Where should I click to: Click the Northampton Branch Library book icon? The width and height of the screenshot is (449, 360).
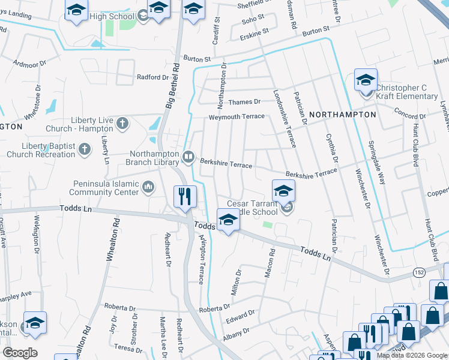click(188, 157)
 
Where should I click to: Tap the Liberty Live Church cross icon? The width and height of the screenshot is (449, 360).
click(122, 124)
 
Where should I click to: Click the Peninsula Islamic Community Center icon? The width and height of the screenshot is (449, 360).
click(148, 188)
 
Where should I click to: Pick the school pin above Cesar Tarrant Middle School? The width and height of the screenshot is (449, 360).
click(283, 191)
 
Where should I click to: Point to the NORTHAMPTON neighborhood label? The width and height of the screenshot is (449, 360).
click(343, 114)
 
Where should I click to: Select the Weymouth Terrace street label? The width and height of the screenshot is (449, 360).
click(236, 116)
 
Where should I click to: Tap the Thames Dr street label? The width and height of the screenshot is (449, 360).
click(244, 102)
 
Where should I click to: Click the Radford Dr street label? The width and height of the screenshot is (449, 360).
click(153, 77)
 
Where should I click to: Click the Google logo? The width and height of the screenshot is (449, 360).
click(20, 353)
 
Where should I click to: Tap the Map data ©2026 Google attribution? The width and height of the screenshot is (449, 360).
click(412, 355)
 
